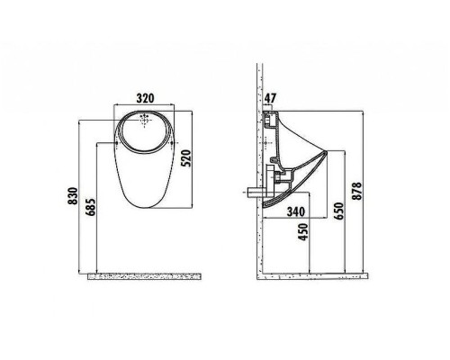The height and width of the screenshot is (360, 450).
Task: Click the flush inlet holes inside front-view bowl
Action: (145, 121)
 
